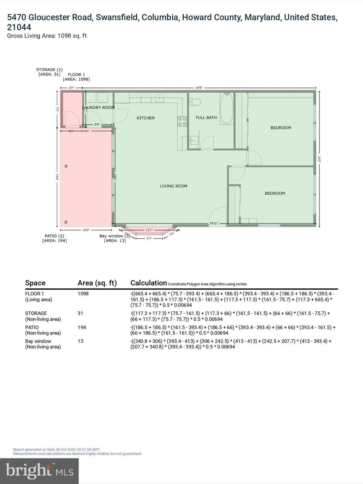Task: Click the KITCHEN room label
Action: point(146,118)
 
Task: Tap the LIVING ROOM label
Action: point(173,186)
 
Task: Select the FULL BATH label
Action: point(206,118)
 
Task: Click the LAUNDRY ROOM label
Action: point(98,107)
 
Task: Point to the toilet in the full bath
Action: point(195,102)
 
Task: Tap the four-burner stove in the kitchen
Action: point(182,121)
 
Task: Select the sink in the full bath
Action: point(194,140)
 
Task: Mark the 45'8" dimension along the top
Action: point(199,88)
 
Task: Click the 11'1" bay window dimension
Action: point(149,230)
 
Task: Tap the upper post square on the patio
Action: point(66,166)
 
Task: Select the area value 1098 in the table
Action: point(83,294)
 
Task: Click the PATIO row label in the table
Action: point(32,327)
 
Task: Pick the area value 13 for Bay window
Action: point(81,341)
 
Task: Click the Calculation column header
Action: point(148,283)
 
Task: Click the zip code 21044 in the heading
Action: point(19,27)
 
